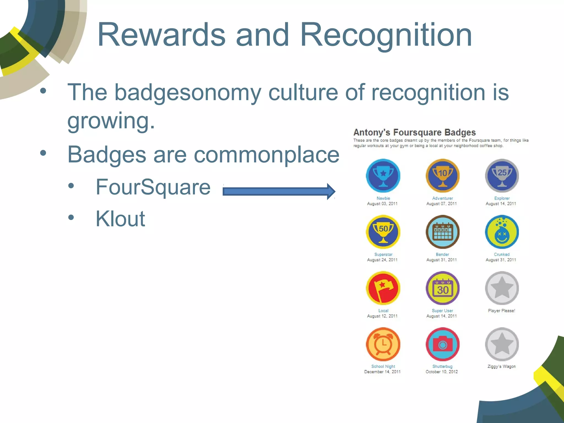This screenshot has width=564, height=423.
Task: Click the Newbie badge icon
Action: coord(383,176)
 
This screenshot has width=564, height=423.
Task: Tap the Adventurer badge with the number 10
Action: coord(442,176)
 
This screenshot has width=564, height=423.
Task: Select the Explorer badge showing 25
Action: coord(502,176)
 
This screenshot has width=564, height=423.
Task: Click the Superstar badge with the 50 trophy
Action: coord(383,232)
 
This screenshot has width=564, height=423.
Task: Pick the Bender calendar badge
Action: coord(442,232)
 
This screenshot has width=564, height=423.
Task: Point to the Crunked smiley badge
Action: coord(502,232)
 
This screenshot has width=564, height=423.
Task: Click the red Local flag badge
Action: coord(383,288)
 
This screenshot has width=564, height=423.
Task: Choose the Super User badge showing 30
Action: coord(442,288)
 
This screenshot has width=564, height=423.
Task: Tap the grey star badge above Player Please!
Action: coord(502,288)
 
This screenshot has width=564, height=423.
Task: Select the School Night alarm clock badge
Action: coord(383,344)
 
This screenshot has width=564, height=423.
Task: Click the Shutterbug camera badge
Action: coord(442,344)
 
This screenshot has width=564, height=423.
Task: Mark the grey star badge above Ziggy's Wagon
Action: coord(502,344)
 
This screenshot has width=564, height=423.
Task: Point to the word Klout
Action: coord(120,219)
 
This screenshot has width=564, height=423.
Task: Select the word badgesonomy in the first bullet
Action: coord(188,93)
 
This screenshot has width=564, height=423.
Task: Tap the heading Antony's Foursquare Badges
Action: coord(414,132)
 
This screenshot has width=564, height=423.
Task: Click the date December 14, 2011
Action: coord(382,372)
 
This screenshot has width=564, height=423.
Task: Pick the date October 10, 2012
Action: coord(442,372)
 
